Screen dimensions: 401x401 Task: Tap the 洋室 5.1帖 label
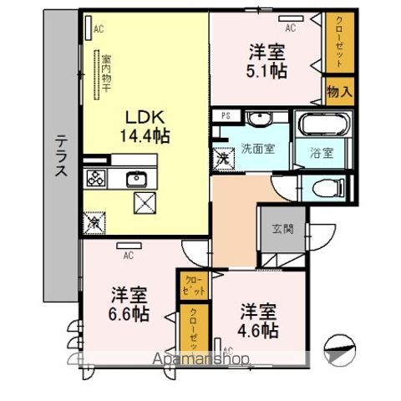(266, 61)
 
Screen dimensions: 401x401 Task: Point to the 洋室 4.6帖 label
(256, 319)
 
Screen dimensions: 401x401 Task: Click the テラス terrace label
(61, 158)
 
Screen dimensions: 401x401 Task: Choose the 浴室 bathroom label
(321, 153)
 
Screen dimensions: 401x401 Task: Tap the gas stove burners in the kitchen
(94, 177)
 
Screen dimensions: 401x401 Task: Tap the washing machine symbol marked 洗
(224, 156)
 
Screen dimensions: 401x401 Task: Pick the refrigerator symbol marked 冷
(94, 222)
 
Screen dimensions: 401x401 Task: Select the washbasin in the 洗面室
(256, 119)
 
